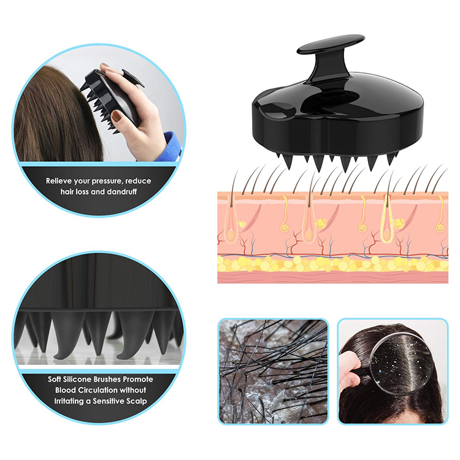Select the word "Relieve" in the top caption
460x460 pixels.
point(61,181)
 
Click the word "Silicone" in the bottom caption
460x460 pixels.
point(84,379)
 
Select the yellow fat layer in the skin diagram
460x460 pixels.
point(332,264)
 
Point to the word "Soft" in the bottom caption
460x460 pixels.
point(57,379)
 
